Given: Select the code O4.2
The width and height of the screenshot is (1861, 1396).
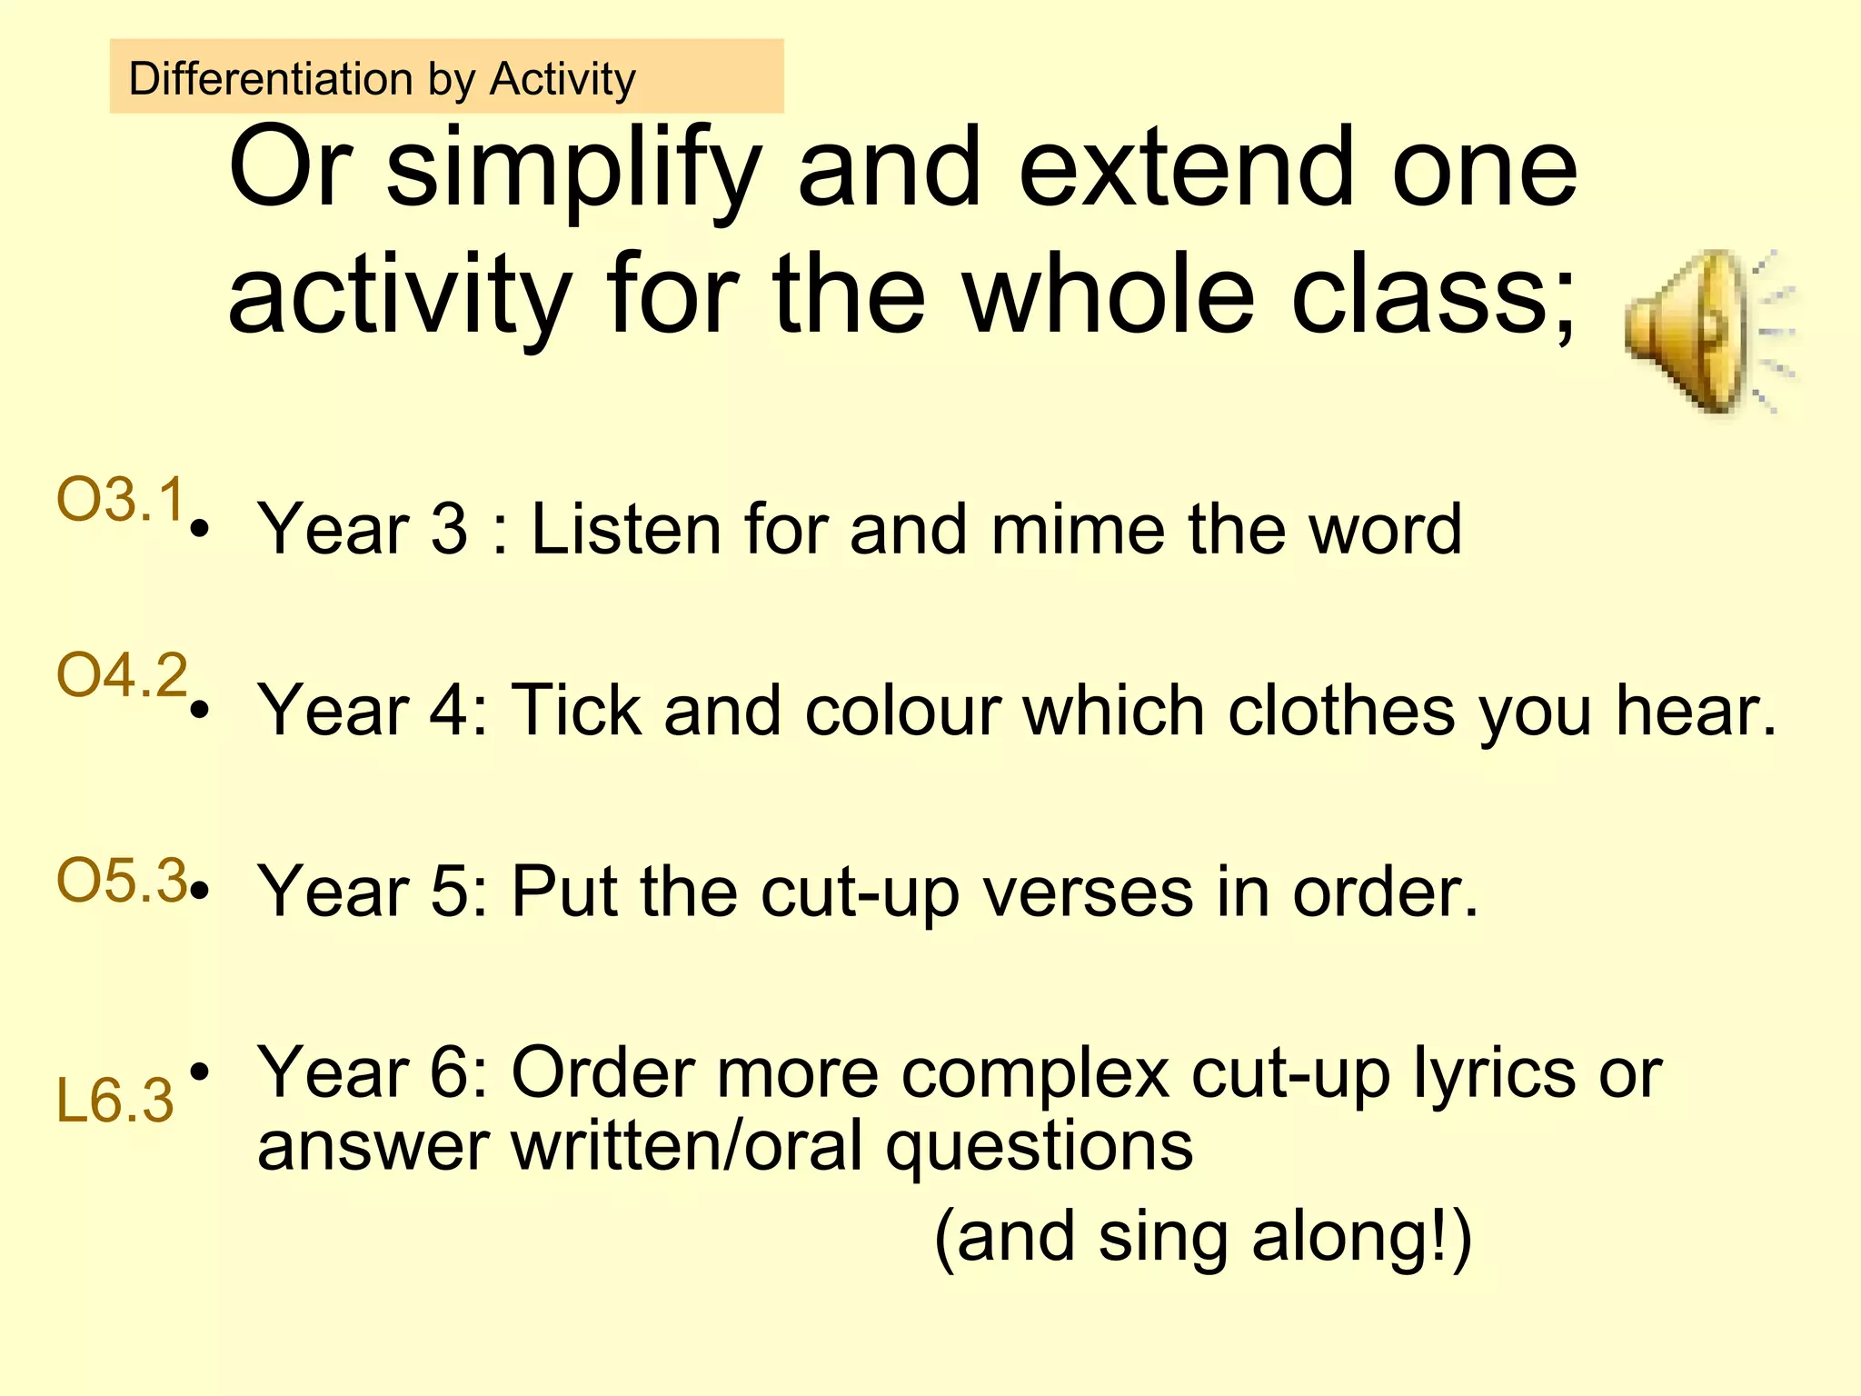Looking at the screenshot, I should (122, 675).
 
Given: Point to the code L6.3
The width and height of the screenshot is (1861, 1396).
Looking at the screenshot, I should (114, 1101).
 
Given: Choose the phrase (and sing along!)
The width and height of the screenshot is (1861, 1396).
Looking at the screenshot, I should (1202, 1238).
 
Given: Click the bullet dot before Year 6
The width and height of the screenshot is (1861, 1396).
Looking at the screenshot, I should (201, 1073).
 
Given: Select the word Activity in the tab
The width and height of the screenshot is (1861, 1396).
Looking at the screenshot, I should (562, 80).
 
